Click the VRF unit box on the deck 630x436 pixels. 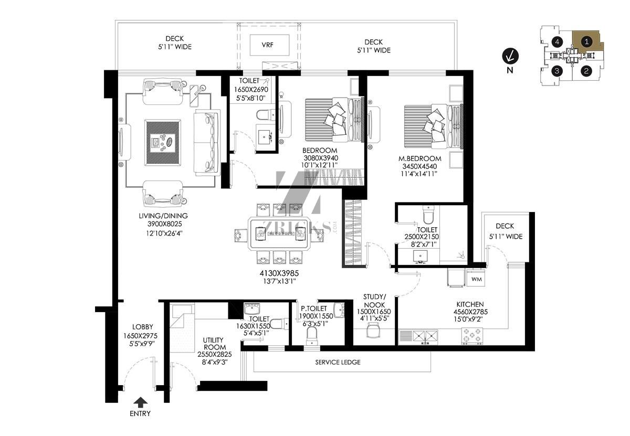(269, 45)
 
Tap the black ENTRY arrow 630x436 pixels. (140, 402)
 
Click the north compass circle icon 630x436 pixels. (510, 56)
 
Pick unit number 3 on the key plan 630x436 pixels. (557, 71)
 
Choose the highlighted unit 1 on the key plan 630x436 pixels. (586, 42)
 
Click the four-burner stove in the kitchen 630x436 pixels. (472, 336)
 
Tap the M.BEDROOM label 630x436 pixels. (419, 158)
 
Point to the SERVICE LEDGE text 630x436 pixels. (338, 363)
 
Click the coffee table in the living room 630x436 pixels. (163, 143)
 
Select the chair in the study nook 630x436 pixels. (373, 329)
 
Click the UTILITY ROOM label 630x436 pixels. (214, 344)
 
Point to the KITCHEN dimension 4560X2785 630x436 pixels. (470, 312)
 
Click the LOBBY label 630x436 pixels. (143, 327)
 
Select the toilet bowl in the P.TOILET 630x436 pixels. (312, 336)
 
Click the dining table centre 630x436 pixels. (279, 233)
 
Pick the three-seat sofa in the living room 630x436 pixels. (207, 143)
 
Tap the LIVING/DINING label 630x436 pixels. (163, 216)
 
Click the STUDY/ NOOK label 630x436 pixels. (374, 301)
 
